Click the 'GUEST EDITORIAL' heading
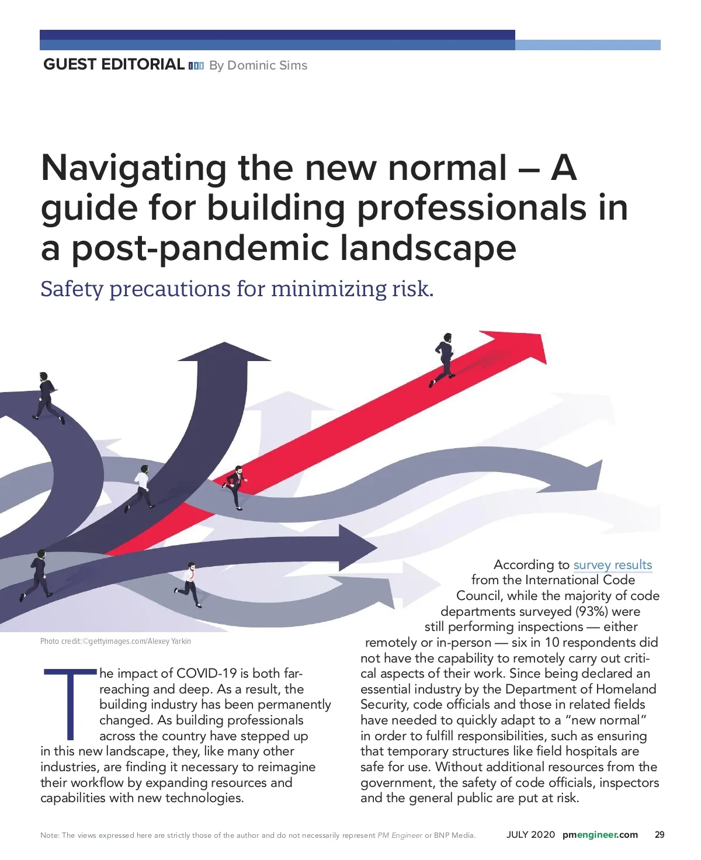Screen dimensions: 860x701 (114, 64)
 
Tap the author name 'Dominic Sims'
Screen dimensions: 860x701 (267, 65)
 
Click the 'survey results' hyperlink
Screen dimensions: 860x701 (612, 564)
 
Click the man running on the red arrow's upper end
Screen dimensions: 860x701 (443, 359)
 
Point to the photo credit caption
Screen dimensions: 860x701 (116, 641)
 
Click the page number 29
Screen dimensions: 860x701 (660, 834)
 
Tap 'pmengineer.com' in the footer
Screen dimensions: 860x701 (600, 834)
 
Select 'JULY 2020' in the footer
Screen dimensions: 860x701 (530, 834)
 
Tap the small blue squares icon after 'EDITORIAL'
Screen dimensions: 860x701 (196, 66)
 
